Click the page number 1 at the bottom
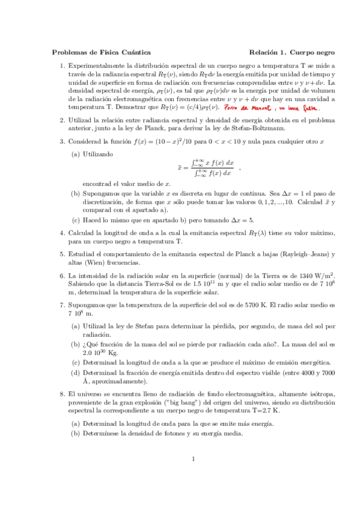pyautogui.click(x=194, y=477)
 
